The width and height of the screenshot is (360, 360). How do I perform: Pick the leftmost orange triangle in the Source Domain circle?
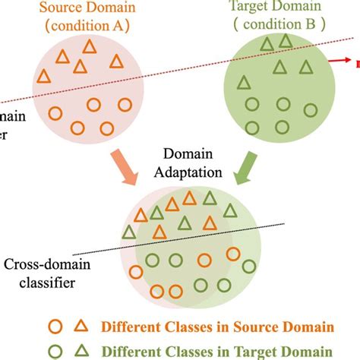[44, 76]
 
